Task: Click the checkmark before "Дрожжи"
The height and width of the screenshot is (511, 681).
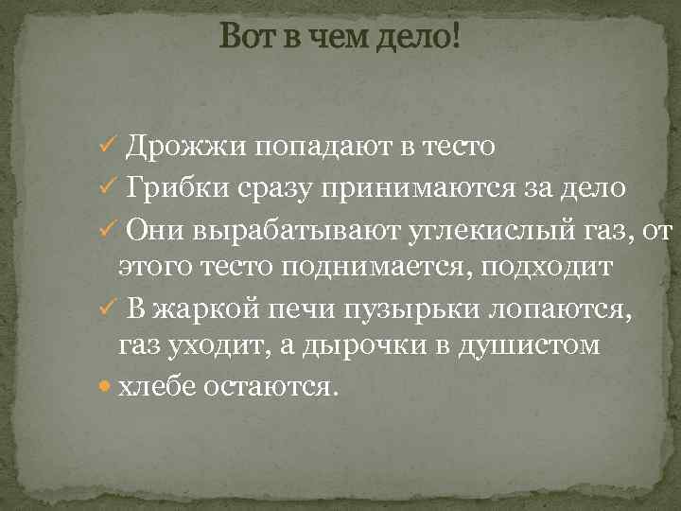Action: pyautogui.click(x=107, y=147)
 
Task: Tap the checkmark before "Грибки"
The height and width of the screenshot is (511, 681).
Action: pyautogui.click(x=107, y=187)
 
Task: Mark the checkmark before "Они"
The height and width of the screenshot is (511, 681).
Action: pyautogui.click(x=107, y=228)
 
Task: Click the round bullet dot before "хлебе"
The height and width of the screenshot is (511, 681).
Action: pyautogui.click(x=107, y=389)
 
